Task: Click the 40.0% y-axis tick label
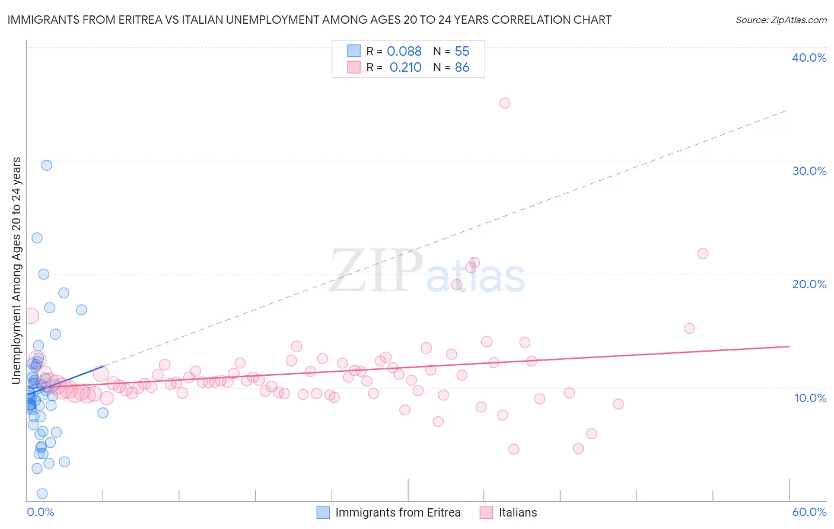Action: [x=809, y=58]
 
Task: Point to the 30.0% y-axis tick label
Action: [x=809, y=171]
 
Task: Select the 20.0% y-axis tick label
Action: [x=809, y=284]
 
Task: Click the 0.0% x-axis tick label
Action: [x=40, y=512]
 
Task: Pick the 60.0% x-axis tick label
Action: [x=809, y=512]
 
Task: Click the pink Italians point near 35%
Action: [x=505, y=103]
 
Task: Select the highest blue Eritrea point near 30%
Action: [x=46, y=165]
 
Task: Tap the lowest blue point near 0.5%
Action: [x=42, y=494]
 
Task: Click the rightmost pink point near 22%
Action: [x=703, y=254]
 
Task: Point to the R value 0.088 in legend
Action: [x=404, y=52]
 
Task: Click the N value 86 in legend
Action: [x=461, y=68]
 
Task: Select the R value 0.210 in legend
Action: [x=405, y=68]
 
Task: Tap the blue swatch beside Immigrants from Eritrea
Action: [x=323, y=512]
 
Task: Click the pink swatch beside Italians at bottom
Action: [x=486, y=512]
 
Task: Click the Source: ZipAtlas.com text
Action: [x=781, y=20]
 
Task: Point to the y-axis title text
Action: [x=17, y=270]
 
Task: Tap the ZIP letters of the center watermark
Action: [x=376, y=271]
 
